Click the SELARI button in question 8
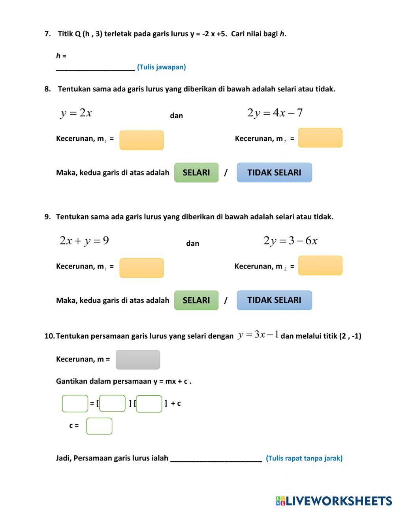coord(196,173)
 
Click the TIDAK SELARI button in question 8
coord(274,173)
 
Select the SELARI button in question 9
coord(196,300)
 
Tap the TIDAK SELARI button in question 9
coord(274,300)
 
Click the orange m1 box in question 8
coord(141,140)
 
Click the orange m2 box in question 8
coord(320,138)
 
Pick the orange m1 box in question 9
coord(141,268)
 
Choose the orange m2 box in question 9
coord(320,266)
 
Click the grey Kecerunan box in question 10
coord(138,360)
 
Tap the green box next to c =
coord(99,426)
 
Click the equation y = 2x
coord(76,113)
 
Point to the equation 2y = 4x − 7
coord(275,113)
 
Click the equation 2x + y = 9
coord(84,241)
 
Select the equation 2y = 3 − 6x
coord(290,241)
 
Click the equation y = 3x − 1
coord(258,335)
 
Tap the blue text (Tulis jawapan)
coord(162,67)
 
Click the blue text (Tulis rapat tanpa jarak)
coord(304,458)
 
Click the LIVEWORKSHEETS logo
coord(334,501)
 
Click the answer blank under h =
coord(96,67)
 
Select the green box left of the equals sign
coord(75,404)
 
